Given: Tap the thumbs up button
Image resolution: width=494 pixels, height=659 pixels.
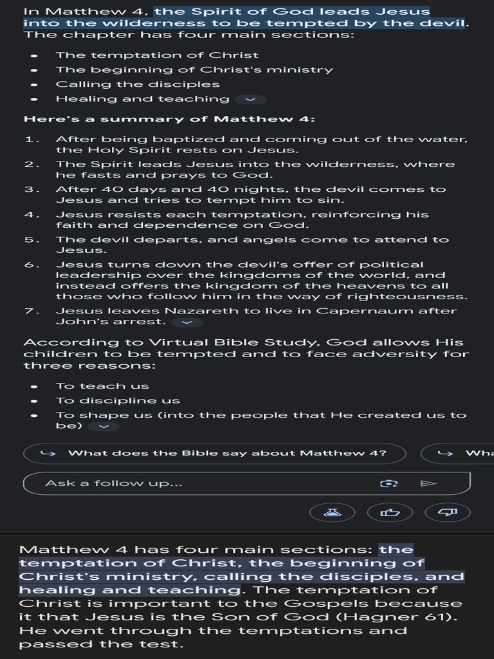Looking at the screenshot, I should (x=390, y=512).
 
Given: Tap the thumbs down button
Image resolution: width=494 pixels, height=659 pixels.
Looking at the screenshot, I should (x=447, y=512).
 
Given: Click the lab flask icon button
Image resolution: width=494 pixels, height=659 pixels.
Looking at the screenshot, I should (x=333, y=512).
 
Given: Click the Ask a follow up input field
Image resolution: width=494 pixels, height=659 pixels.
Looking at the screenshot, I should (x=193, y=483).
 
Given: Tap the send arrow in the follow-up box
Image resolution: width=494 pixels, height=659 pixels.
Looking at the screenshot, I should (x=428, y=483).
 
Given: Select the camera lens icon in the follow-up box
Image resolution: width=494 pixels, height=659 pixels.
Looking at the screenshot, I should (x=389, y=483).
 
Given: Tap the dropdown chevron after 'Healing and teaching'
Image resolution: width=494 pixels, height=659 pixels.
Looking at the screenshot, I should (x=251, y=99).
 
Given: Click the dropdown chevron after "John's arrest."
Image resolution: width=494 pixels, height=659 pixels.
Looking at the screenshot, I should (x=187, y=322).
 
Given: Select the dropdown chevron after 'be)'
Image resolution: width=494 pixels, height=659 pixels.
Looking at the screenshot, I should (x=104, y=426).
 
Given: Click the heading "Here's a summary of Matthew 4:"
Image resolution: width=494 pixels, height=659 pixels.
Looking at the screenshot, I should (x=169, y=119).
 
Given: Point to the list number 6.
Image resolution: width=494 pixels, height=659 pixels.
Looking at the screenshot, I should (x=32, y=265).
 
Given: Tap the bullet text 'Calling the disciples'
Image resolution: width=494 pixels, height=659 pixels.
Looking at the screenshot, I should (x=138, y=84).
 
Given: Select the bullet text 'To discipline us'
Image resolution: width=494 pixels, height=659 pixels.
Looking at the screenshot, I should (x=118, y=400).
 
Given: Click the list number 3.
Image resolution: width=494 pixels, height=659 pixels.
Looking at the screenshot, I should (x=32, y=189).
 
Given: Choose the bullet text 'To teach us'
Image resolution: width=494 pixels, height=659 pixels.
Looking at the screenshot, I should (x=102, y=386).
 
